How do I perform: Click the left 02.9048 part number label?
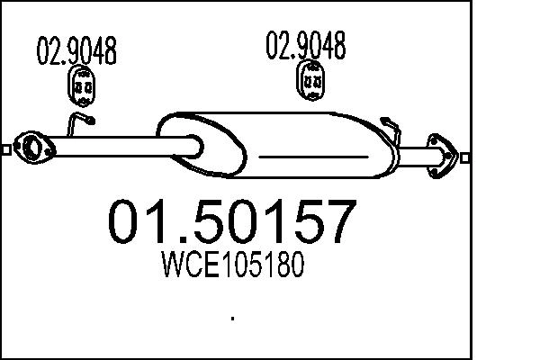click(76, 51)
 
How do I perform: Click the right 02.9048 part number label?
click(306, 45)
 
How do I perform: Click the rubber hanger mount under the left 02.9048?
click(84, 87)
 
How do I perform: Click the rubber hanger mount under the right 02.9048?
click(311, 81)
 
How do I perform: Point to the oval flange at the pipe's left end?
click(34, 146)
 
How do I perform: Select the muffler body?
click(297, 148)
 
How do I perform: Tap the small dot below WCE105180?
click(233, 317)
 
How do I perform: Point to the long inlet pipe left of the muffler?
click(108, 144)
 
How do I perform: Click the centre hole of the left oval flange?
click(34, 146)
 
